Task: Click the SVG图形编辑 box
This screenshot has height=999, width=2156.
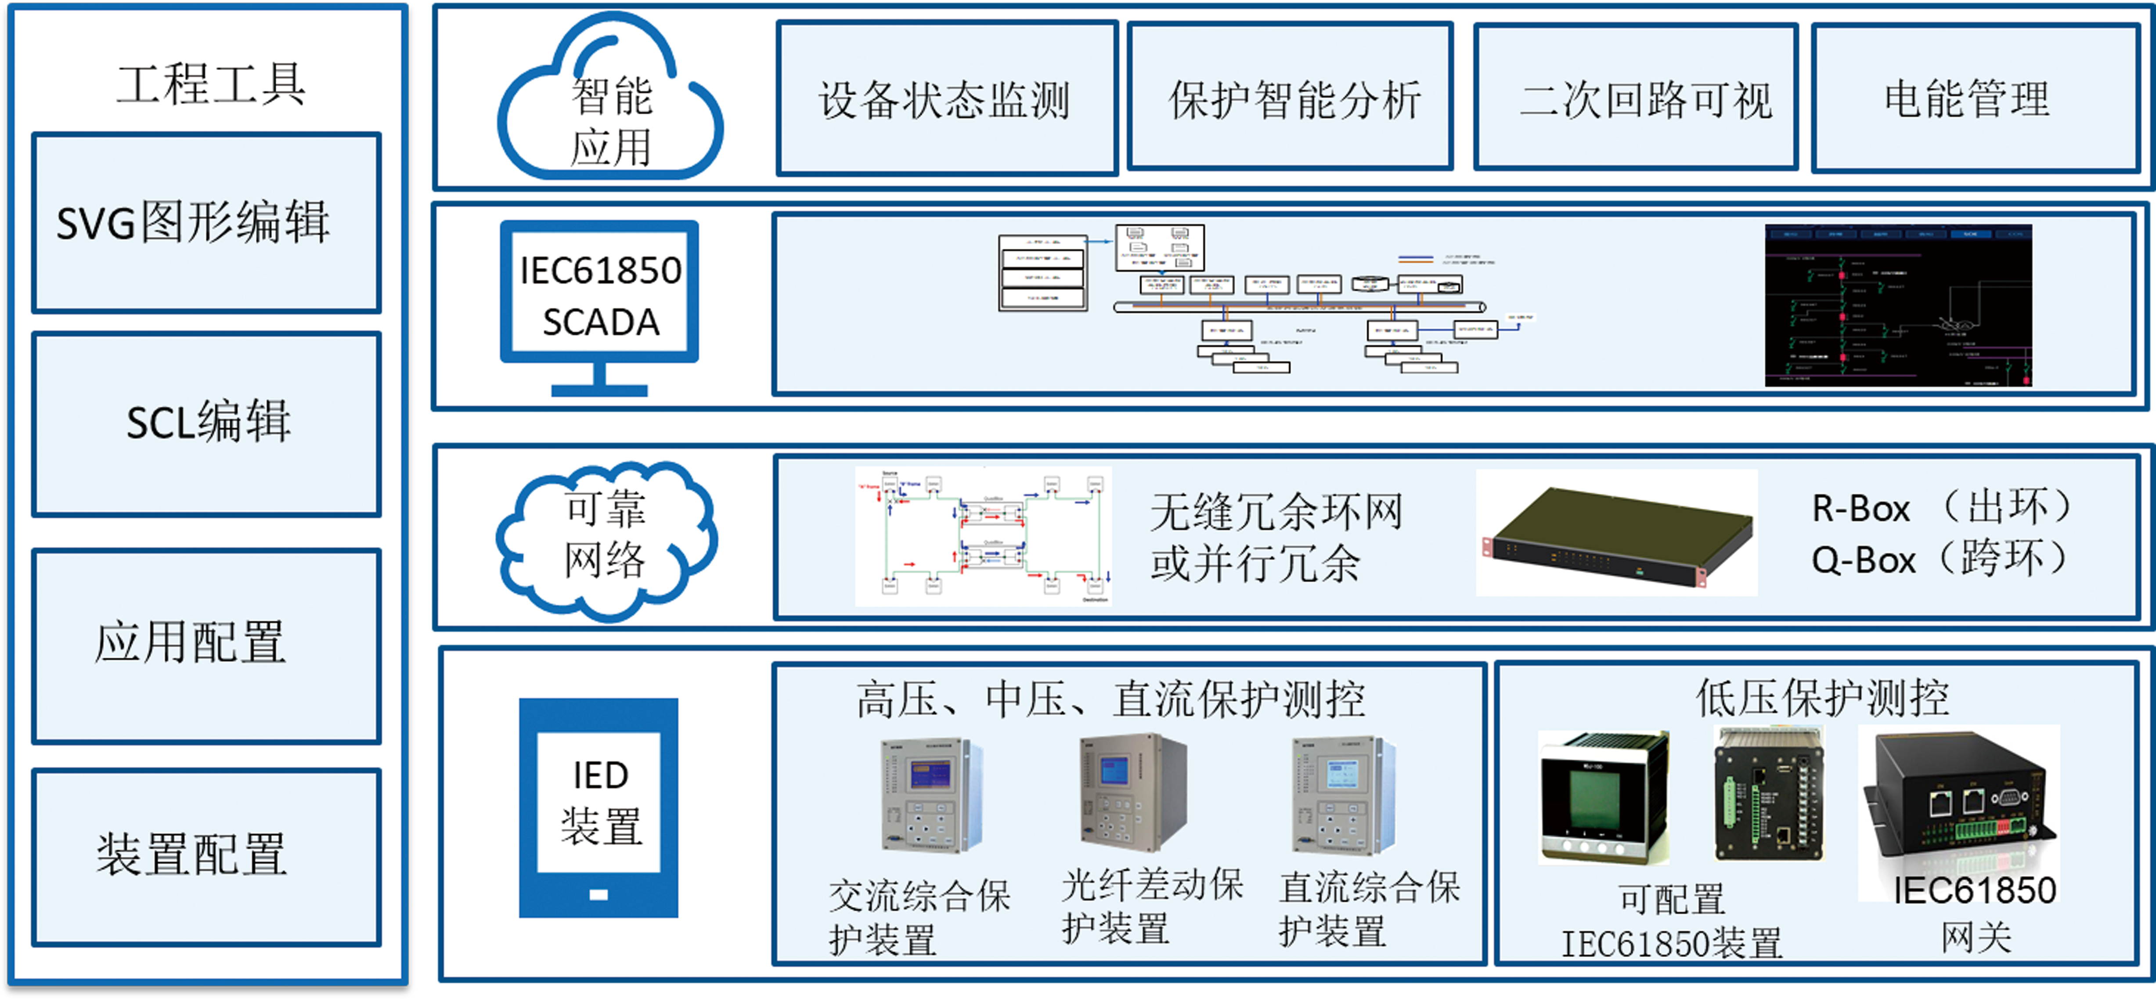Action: [x=206, y=223]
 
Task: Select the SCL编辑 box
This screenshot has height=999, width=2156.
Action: [x=206, y=423]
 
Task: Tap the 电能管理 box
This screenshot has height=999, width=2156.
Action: [x=1975, y=99]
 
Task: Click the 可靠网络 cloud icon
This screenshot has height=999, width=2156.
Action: [x=606, y=539]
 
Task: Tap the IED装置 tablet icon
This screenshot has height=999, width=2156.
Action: [x=598, y=807]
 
